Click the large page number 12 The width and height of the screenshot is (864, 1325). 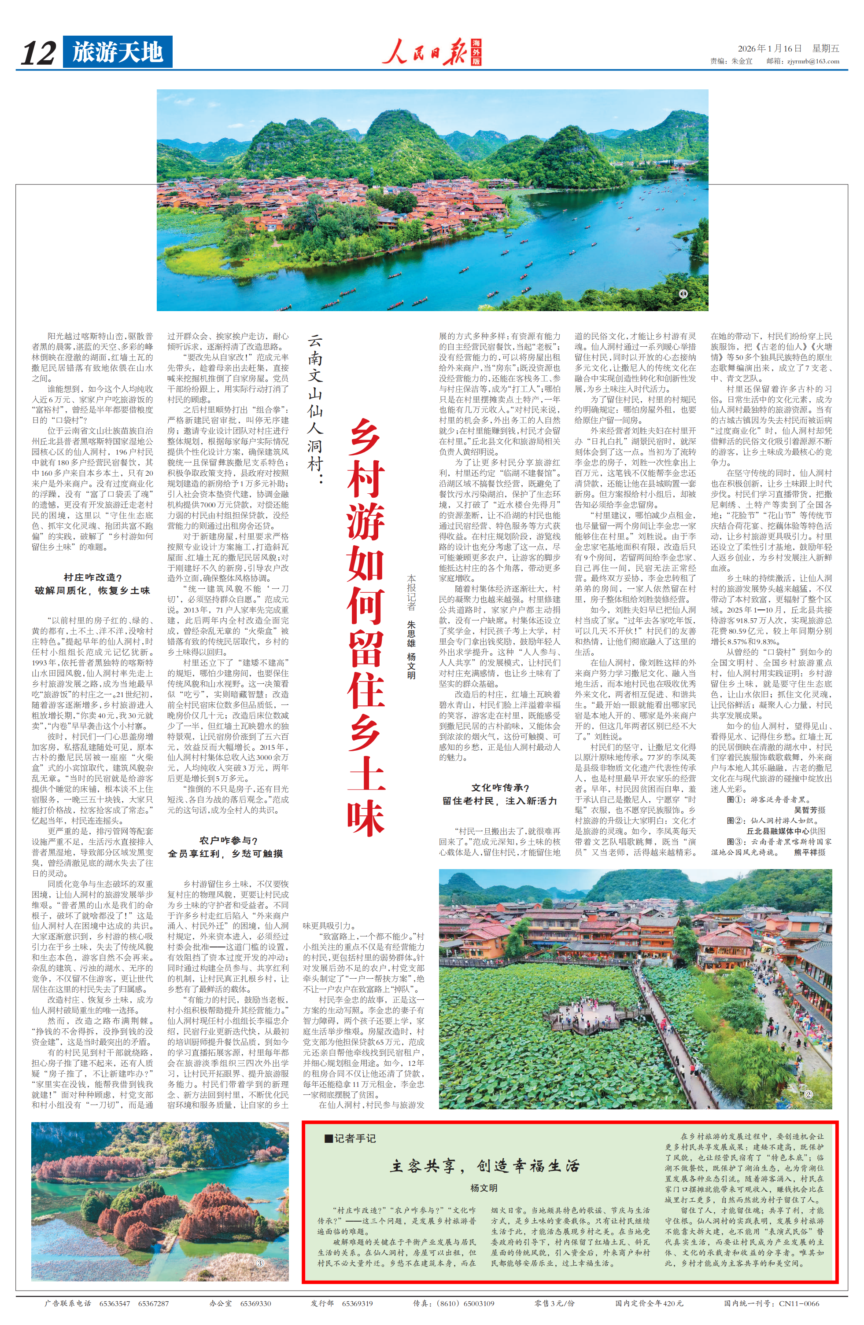point(38,53)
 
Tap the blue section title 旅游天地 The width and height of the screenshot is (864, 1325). point(118,52)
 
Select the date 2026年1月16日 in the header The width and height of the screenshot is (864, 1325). point(769,48)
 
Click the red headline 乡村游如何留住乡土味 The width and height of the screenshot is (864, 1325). point(366,626)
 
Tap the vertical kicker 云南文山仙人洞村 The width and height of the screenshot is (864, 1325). point(315,409)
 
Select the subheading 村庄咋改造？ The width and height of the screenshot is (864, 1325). point(92,577)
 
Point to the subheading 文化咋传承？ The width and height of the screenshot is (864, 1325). point(500,787)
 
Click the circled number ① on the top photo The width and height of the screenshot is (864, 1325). point(683,294)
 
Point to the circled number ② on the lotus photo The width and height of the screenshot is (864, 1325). point(809,1094)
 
